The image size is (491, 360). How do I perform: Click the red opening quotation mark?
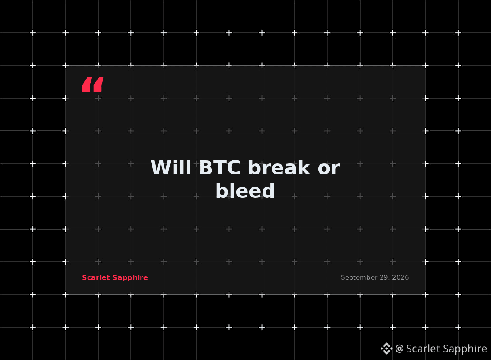pos(93,84)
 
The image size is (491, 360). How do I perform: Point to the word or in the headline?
pos(329,169)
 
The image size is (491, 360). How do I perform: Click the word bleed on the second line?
pos(245,191)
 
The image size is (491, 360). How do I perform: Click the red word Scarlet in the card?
pos(96,277)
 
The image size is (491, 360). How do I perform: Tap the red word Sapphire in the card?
pos(130,278)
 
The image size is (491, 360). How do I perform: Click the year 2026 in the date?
pos(400,277)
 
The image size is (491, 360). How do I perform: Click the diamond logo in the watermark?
pos(387,349)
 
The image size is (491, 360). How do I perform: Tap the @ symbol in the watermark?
pos(399,349)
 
